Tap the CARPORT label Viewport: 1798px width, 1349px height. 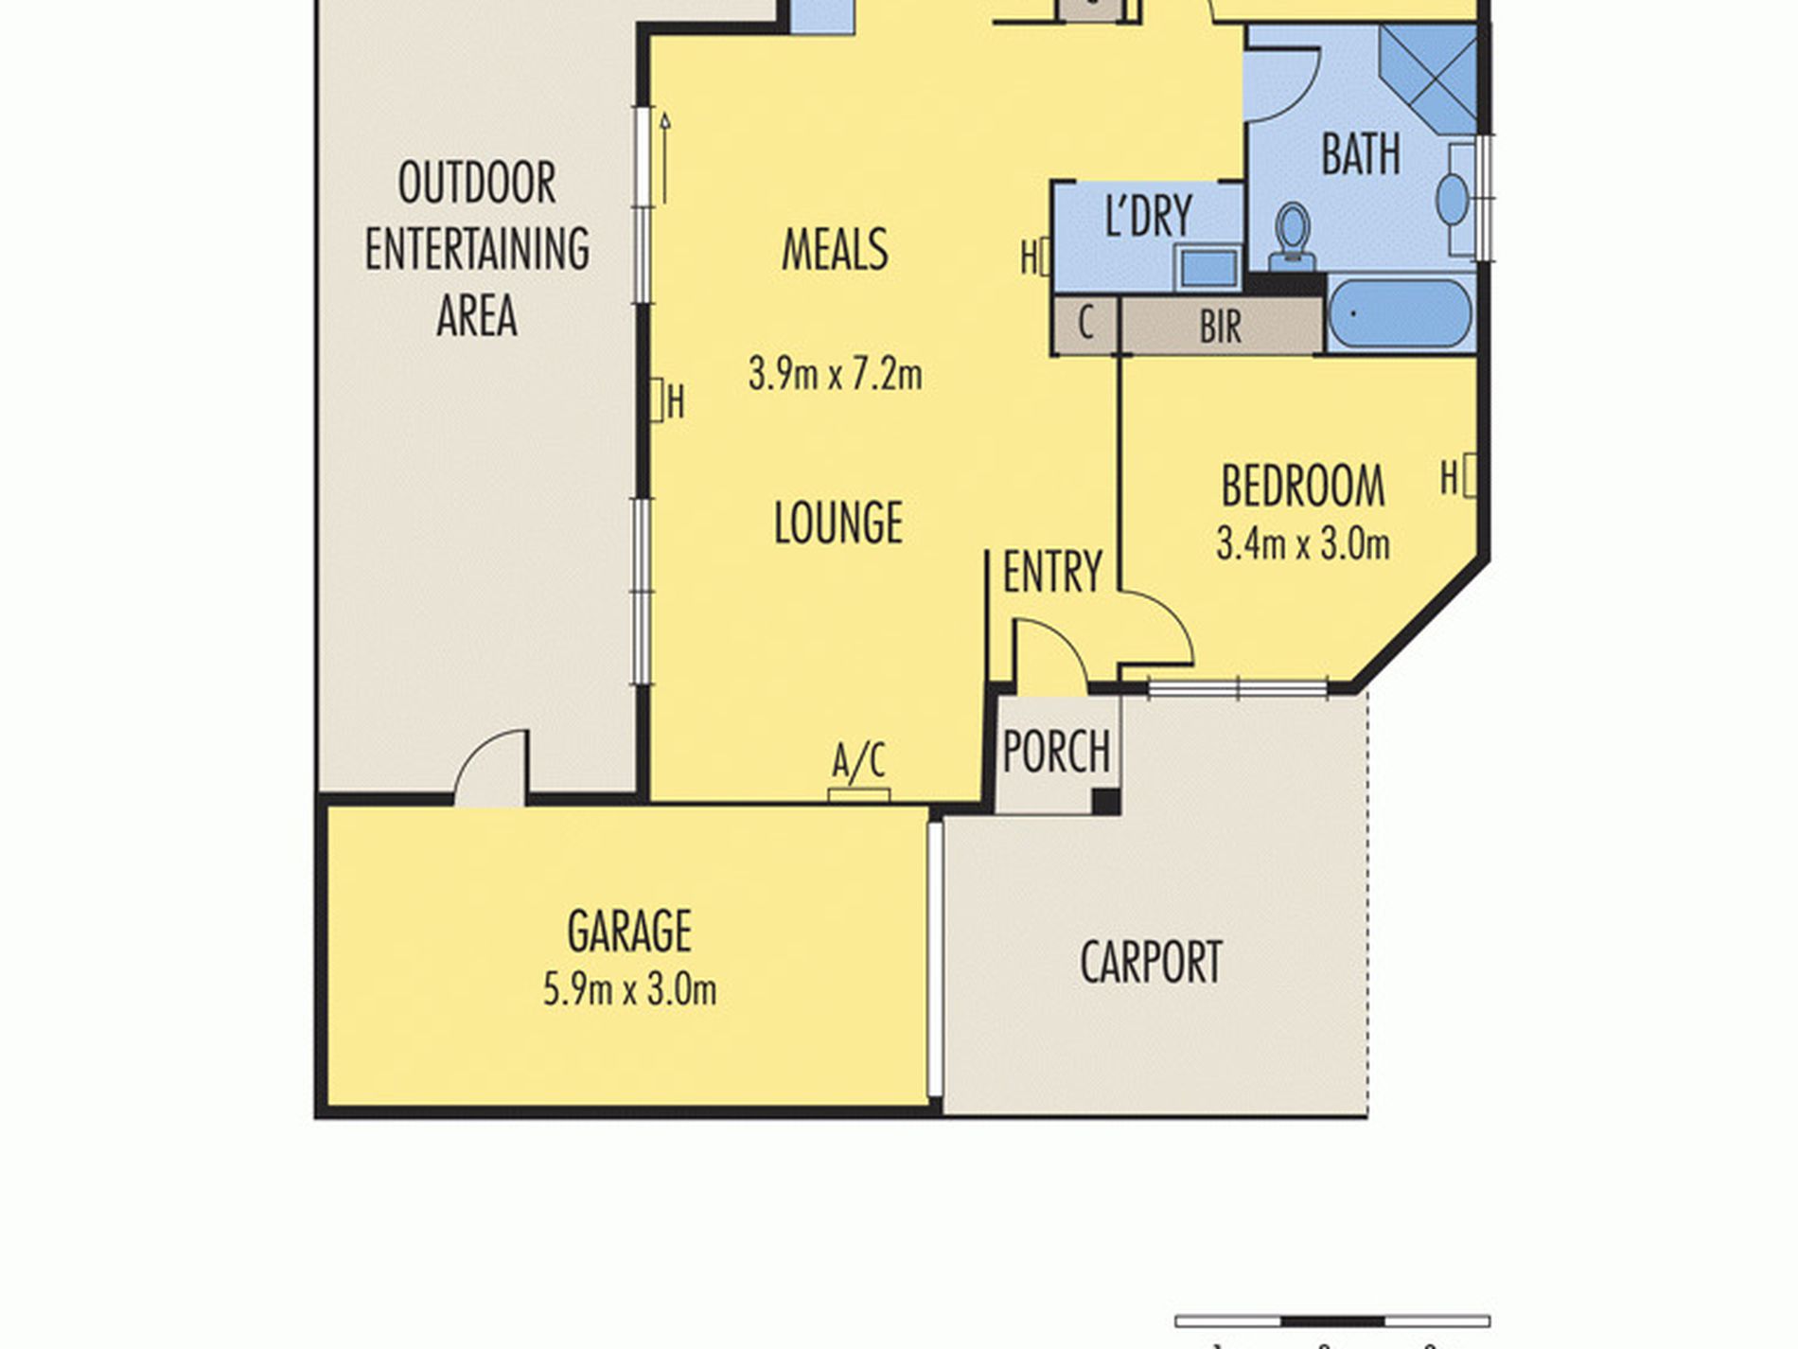1151,962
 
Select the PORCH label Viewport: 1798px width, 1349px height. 1056,752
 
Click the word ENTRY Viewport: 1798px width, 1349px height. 1052,572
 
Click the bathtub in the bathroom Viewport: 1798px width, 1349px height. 1400,313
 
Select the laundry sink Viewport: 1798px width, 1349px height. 1208,268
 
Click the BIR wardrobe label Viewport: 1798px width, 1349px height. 1220,328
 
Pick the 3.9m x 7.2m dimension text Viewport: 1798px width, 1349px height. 835,374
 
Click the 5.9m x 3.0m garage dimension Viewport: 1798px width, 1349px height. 629,990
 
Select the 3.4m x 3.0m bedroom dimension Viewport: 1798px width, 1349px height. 1302,544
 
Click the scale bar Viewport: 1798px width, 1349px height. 1332,1322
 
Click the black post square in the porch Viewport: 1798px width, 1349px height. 1106,802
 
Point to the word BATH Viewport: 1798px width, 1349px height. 1361,154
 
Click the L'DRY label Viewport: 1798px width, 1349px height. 1149,215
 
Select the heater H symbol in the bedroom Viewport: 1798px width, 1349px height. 1458,477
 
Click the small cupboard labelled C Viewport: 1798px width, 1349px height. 1085,325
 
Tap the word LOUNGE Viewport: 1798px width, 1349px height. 838,523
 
